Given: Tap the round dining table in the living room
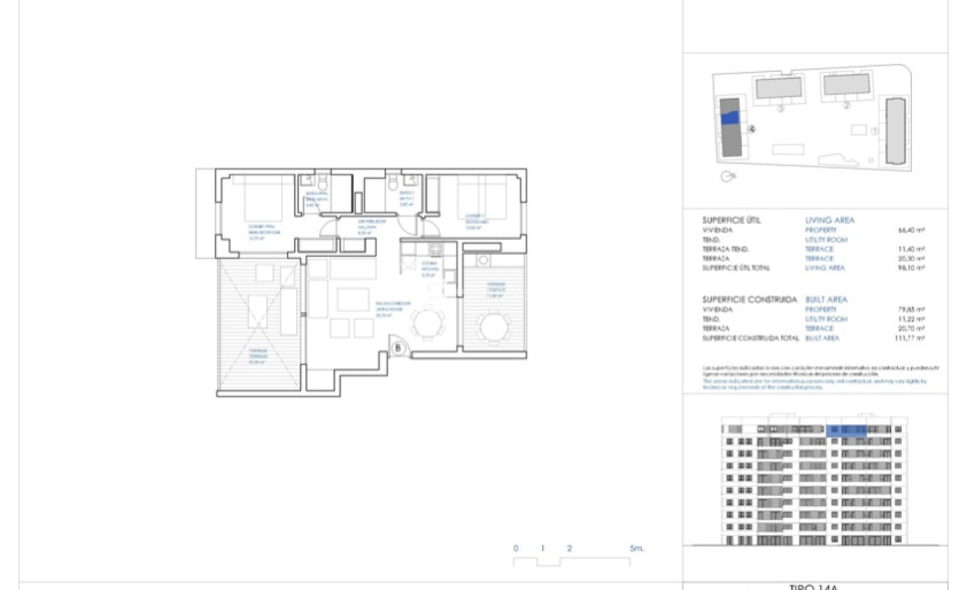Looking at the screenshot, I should (x=427, y=324).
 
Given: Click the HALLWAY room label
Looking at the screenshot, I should (x=367, y=225).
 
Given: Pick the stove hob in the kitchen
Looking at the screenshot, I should (x=432, y=249).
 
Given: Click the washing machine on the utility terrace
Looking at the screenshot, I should (x=483, y=260).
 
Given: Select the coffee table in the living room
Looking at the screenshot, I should (x=353, y=299).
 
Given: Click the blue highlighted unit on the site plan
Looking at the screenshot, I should (x=729, y=118).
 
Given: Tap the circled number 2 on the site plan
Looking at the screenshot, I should (x=846, y=106).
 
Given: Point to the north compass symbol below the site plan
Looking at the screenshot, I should (x=727, y=177).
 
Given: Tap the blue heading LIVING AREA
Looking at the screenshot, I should (x=830, y=220).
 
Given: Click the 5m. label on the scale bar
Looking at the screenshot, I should (x=637, y=549).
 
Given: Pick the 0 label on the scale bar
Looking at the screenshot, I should (x=515, y=549).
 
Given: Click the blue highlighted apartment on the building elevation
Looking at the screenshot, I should (x=846, y=430).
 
